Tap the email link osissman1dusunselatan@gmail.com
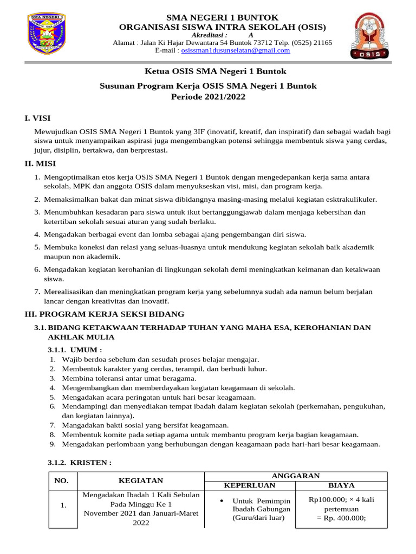236,50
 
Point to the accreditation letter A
250,35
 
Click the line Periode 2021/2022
209,97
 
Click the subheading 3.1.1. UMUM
75,350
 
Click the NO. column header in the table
63,480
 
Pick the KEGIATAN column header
141,480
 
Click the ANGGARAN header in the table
295,476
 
